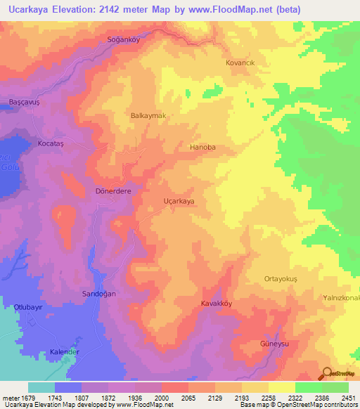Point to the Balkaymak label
(148, 115)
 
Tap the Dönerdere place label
(112, 190)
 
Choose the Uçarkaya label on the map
(179, 201)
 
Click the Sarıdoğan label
(98, 293)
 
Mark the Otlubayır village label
(29, 307)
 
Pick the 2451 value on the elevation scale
(349, 398)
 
